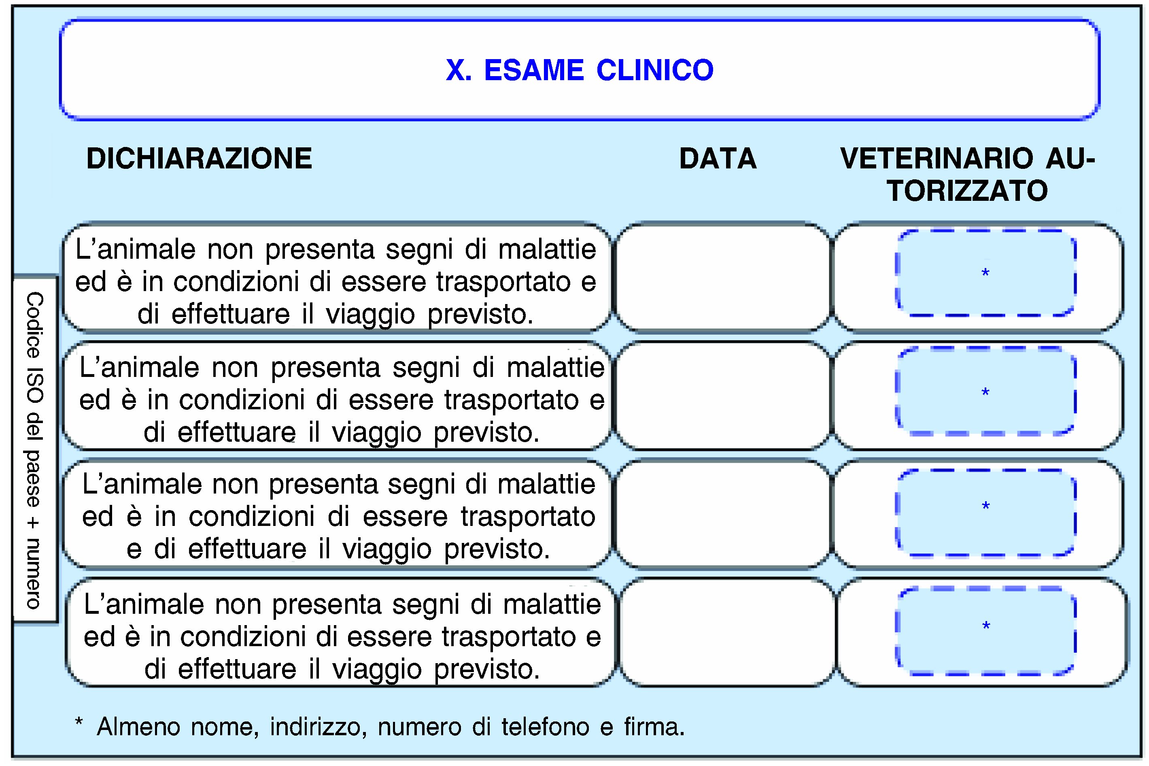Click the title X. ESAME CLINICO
(580, 70)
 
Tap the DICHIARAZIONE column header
(199, 159)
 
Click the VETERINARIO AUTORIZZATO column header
(967, 174)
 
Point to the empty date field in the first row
(722, 277)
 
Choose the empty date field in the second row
(722, 395)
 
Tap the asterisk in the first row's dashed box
(985, 274)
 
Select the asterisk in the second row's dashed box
(985, 393)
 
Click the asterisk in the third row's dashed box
(985, 506)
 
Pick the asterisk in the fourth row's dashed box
(986, 626)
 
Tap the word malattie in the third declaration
(546, 485)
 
